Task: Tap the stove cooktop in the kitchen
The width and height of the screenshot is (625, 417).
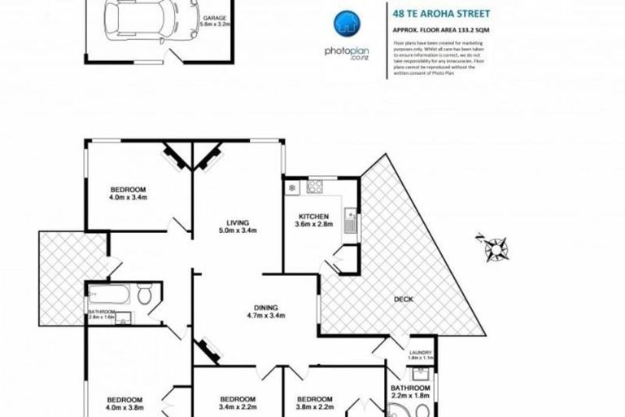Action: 315,187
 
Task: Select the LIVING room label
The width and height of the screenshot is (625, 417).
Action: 238,222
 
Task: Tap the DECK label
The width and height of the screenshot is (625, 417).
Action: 404,299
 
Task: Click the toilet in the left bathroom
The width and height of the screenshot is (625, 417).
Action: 145,295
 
